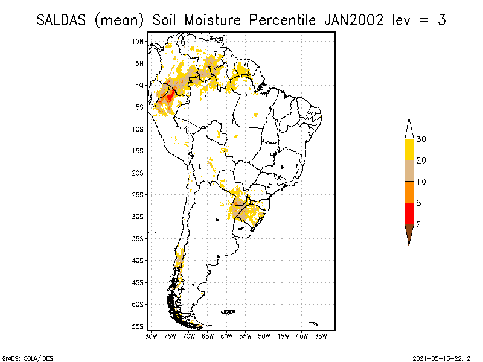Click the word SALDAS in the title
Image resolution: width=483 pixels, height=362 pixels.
pyautogui.click(x=62, y=20)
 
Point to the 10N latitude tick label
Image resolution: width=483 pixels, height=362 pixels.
pyautogui.click(x=138, y=41)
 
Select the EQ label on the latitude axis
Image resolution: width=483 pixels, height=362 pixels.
pyautogui.click(x=139, y=85)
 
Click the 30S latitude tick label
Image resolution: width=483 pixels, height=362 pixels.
pyautogui.click(x=138, y=217)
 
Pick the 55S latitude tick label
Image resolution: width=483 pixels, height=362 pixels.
pyautogui.click(x=138, y=326)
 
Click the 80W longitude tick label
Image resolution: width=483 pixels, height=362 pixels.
pyautogui.click(x=151, y=336)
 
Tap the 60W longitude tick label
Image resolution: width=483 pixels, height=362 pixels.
pyautogui.click(x=226, y=336)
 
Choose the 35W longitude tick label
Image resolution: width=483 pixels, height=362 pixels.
pyautogui.click(x=321, y=336)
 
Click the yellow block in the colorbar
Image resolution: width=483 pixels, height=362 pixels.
pyautogui.click(x=409, y=150)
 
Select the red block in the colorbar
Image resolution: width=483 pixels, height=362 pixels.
pyautogui.click(x=409, y=213)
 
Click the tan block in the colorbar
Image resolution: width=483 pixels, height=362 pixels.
pyautogui.click(x=409, y=171)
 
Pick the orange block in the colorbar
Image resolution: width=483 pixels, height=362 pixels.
pyautogui.click(x=409, y=192)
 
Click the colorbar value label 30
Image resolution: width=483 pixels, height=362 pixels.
pyautogui.click(x=421, y=139)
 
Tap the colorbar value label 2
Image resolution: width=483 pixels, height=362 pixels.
pyautogui.click(x=418, y=224)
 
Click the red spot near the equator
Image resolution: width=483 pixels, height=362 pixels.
pyautogui.click(x=170, y=94)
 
